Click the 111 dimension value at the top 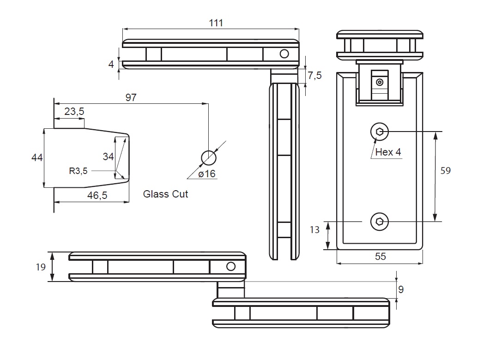click(x=215, y=23)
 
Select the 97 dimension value click(x=131, y=97)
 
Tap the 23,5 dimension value click(x=74, y=111)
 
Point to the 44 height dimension click(x=37, y=158)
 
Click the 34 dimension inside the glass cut click(x=108, y=157)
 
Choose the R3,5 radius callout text click(x=78, y=171)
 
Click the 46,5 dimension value click(x=97, y=196)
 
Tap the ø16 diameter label click(x=207, y=174)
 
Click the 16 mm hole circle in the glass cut click(x=209, y=158)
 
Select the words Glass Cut click(x=165, y=194)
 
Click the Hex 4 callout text click(x=388, y=152)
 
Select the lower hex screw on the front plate click(x=380, y=222)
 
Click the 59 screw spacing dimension click(x=445, y=171)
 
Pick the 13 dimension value click(x=314, y=230)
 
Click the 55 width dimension click(x=380, y=257)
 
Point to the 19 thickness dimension click(x=40, y=266)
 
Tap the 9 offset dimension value click(x=401, y=290)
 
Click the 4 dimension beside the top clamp click(x=111, y=64)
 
